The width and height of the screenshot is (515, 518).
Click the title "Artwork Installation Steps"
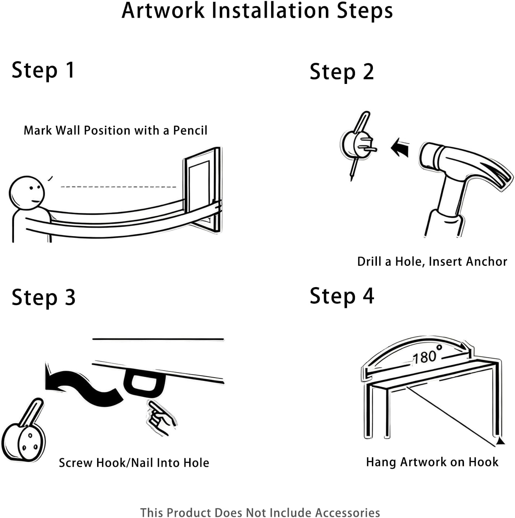tap(257, 11)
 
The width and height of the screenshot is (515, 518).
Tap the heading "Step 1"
tap(43, 71)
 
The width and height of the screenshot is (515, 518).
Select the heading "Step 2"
tap(342, 72)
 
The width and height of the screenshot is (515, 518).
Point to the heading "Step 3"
tap(44, 298)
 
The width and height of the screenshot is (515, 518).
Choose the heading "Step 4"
tap(342, 296)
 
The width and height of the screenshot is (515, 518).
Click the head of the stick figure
tap(27, 193)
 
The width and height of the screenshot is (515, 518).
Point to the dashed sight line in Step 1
tap(118, 187)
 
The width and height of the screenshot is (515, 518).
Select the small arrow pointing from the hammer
tap(400, 147)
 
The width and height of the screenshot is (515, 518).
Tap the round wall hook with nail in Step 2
tap(358, 145)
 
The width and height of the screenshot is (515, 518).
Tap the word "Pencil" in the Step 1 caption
tap(190, 131)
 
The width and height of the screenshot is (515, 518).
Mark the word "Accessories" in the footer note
tap(347, 513)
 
